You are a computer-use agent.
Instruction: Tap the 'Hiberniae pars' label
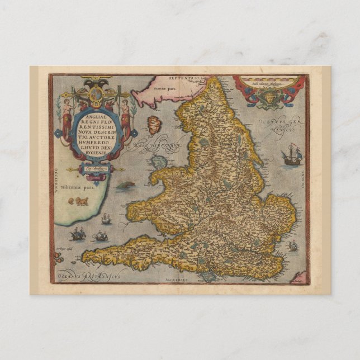coord(79,189)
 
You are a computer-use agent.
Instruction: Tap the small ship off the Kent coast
coord(292,245)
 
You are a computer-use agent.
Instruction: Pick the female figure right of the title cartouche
coord(125,117)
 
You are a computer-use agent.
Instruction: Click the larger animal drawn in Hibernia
coord(82,201)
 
